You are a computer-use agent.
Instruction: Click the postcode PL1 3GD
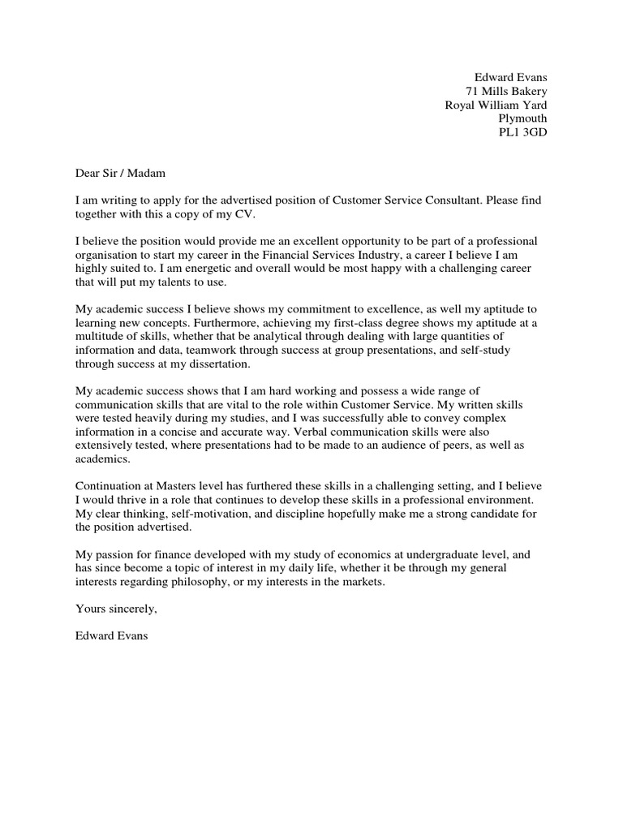(522, 132)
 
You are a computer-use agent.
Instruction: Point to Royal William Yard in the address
(496, 105)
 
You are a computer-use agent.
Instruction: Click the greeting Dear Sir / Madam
(119, 173)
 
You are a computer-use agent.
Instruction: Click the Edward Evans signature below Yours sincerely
(111, 638)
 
